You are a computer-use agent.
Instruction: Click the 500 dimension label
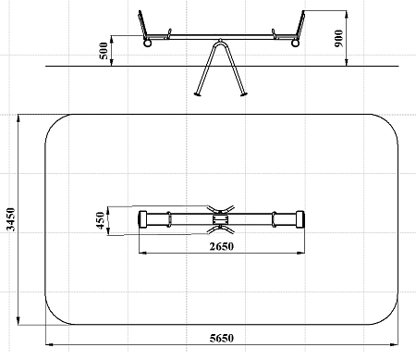point(104,51)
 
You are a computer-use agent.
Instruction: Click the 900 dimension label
point(338,38)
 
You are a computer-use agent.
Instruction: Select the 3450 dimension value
point(11,219)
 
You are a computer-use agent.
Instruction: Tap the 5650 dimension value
point(222,338)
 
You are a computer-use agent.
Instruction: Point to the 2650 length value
point(222,246)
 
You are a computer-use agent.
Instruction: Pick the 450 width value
point(101,220)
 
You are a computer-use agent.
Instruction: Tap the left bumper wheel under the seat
point(148,43)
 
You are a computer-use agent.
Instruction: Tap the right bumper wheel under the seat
point(295,43)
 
